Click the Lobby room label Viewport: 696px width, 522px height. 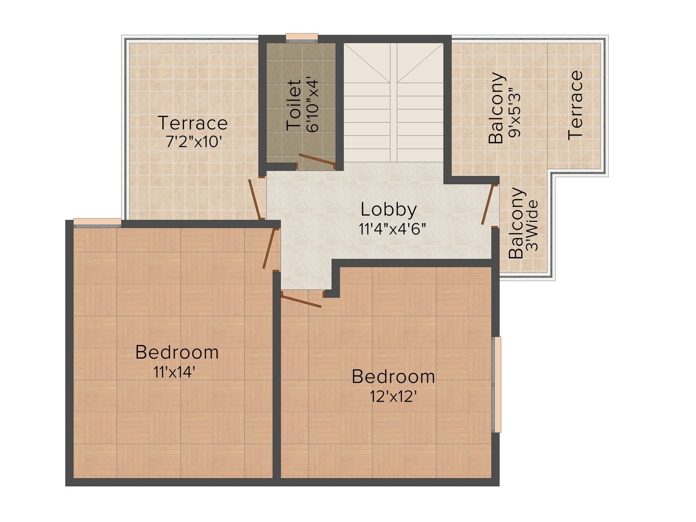pos(389,210)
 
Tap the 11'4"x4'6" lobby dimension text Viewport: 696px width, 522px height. pos(392,229)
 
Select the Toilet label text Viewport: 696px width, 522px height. pos(294,105)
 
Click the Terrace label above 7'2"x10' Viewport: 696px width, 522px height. pos(193,123)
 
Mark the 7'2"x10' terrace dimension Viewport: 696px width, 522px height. pos(193,142)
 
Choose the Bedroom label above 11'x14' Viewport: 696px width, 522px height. pos(177,352)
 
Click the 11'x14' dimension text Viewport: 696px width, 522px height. pos(174,372)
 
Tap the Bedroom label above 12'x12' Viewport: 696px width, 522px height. pos(393,376)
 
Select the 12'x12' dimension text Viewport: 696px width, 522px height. pos(393,396)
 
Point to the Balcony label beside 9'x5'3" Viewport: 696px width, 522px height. pos(496,108)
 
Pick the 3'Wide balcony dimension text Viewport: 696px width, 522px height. pos(532,226)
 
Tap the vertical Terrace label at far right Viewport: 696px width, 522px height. pos(575,105)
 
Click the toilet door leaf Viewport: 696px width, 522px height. pos(317,161)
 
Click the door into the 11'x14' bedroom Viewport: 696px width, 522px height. pos(269,249)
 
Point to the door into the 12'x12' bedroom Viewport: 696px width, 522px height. pos(301,301)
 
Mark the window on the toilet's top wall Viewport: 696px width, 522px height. pos(302,38)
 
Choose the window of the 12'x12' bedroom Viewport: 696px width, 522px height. pos(496,385)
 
